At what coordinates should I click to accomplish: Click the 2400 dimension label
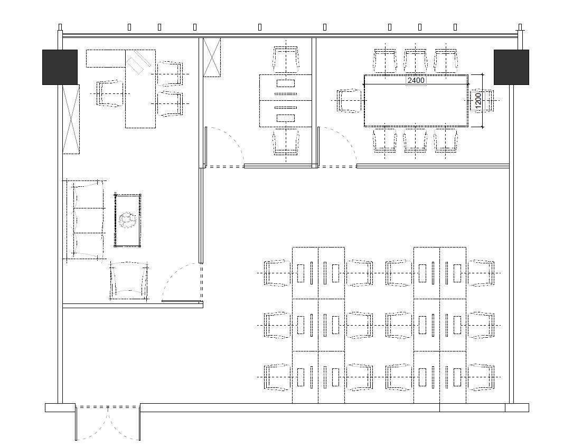(x=416, y=80)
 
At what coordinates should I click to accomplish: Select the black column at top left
(x=60, y=67)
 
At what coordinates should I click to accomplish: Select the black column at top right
(x=511, y=67)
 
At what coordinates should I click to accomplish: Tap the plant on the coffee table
(x=127, y=221)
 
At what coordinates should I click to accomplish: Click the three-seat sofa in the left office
(x=85, y=220)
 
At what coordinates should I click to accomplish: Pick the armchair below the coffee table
(x=129, y=280)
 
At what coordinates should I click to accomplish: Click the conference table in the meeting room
(x=416, y=100)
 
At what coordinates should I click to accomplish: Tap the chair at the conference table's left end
(x=349, y=100)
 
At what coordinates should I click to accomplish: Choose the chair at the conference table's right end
(x=482, y=100)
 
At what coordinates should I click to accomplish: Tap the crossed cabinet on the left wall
(x=71, y=119)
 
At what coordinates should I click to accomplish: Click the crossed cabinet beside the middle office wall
(x=212, y=58)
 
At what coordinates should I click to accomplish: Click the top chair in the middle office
(x=286, y=60)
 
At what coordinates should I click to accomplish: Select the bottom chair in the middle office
(x=286, y=141)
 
